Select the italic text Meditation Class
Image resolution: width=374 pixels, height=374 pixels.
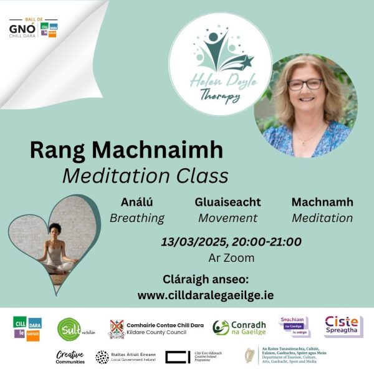tap(145, 176)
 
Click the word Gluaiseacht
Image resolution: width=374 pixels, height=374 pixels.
tap(228, 203)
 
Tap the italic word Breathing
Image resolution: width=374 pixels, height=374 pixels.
tap(137, 218)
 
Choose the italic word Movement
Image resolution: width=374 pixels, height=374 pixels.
tap(228, 218)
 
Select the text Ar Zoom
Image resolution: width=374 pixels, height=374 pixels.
tap(231, 257)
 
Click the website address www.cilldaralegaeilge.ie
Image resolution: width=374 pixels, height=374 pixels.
tap(206, 295)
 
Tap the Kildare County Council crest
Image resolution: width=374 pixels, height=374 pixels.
tap(117, 328)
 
